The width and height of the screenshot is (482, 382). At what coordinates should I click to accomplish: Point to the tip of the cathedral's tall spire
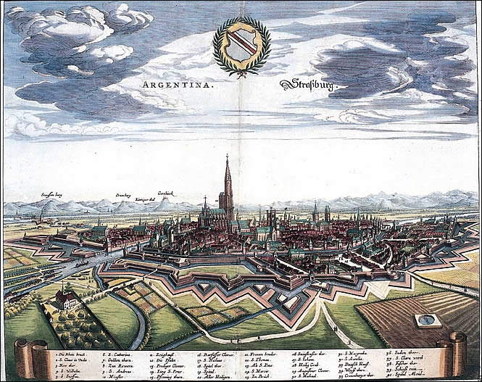[227, 155]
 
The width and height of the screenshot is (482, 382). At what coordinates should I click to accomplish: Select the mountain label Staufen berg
[52, 194]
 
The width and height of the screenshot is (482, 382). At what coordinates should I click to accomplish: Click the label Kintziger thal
[145, 199]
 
